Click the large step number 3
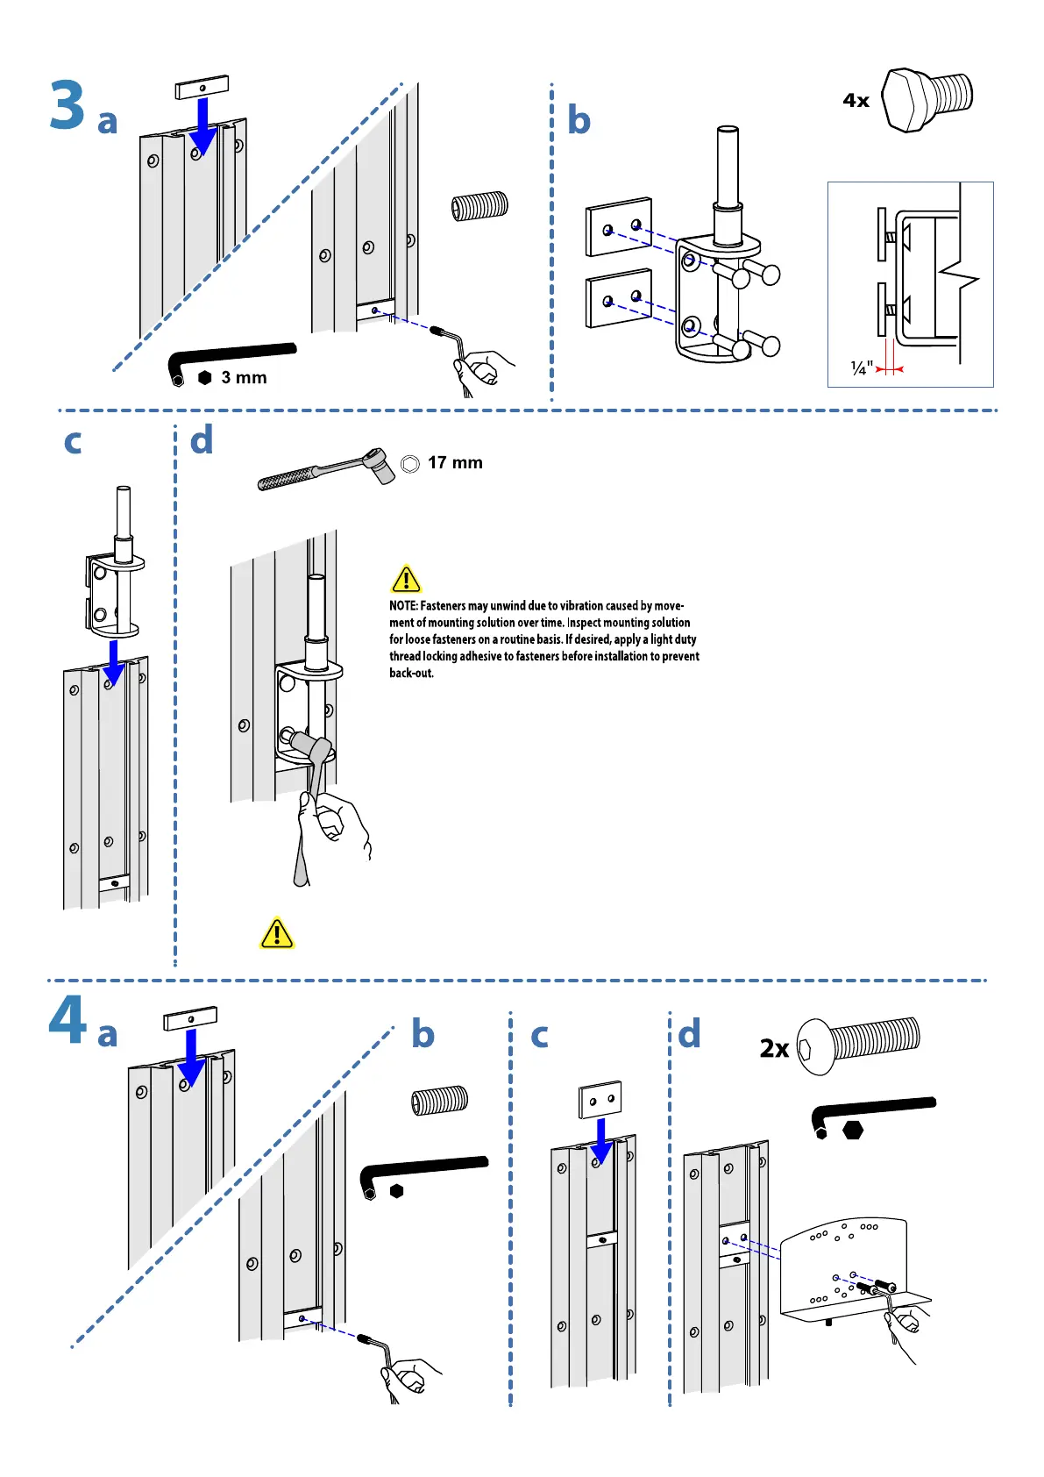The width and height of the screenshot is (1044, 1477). [67, 105]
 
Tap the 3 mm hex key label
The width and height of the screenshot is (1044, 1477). [244, 378]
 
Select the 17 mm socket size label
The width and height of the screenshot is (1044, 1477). [455, 463]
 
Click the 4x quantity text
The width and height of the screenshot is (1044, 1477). [856, 101]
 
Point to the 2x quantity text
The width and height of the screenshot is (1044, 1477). [774, 1048]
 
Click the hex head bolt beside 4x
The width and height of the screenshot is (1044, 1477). [926, 99]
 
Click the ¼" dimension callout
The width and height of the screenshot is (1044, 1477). [862, 368]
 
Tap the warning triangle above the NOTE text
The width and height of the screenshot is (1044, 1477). [406, 580]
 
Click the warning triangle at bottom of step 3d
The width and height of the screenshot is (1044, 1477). [277, 933]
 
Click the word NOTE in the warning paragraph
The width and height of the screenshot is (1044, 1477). [403, 606]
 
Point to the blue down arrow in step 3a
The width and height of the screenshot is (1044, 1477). [202, 126]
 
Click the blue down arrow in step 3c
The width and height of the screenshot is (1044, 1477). [113, 663]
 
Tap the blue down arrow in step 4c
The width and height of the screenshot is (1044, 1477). [601, 1141]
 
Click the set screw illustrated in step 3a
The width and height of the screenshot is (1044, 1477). [479, 206]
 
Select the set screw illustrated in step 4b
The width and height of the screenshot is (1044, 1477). [439, 1100]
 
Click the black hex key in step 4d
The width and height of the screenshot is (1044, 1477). [872, 1112]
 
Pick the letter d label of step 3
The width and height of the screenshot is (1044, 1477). [202, 440]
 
